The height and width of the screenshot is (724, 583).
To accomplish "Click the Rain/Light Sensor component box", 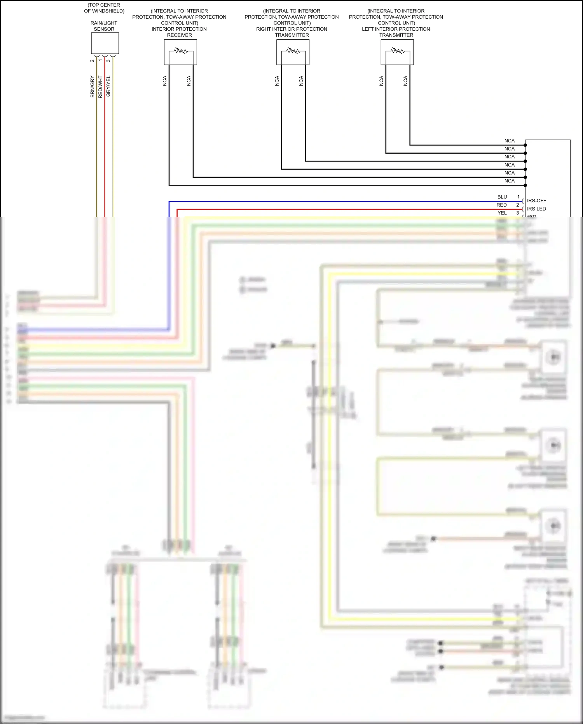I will (105, 43).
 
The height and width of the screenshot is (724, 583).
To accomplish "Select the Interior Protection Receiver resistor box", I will (180, 53).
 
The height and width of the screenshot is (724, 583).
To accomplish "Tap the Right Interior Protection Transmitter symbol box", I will (293, 53).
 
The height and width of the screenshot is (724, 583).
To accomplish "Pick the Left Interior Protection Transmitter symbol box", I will (397, 53).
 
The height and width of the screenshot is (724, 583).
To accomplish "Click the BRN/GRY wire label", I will (93, 86).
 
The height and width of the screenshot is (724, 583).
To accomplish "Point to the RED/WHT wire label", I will (100, 86).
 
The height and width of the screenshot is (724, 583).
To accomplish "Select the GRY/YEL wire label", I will (108, 86).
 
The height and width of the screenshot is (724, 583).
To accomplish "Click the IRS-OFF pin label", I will (536, 201).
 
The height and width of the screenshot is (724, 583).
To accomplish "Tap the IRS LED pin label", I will (536, 209).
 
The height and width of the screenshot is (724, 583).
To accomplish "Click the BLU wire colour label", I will (502, 197).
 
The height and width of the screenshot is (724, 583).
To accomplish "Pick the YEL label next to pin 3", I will (502, 213).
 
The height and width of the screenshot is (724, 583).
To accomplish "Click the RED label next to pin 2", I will (501, 205).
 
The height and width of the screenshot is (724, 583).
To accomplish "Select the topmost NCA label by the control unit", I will (509, 141).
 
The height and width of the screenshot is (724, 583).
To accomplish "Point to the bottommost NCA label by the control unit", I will (509, 181).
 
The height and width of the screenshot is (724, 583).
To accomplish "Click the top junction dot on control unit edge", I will (525, 145).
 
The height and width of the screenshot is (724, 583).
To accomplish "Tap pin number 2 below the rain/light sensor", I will (93, 61).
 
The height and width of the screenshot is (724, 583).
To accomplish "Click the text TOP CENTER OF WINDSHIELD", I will (104, 8).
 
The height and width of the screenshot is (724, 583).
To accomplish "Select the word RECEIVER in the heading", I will (179, 35).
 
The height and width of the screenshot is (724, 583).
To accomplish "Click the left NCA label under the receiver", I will (165, 81).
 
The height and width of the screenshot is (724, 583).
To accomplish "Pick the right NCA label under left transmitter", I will (405, 81).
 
